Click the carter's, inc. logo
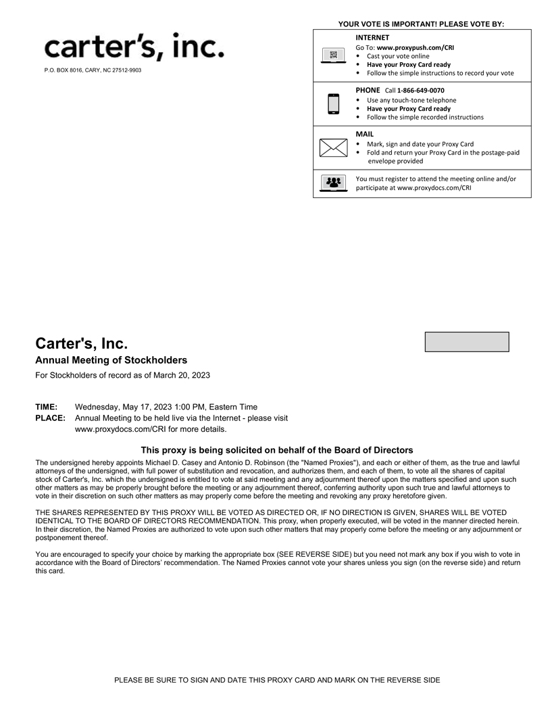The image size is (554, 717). (134, 47)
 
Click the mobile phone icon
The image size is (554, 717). (333, 103)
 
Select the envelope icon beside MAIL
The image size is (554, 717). (333, 147)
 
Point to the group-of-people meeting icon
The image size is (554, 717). (333, 183)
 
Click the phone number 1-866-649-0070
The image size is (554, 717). (420, 91)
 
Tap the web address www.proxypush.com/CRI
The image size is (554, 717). (415, 48)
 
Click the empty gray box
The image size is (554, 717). (466, 342)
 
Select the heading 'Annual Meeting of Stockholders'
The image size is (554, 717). (111, 360)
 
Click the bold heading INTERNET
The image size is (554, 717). (372, 38)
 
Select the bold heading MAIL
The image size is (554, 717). (364, 134)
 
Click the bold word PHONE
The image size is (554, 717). (368, 90)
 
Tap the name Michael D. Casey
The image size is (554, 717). (174, 463)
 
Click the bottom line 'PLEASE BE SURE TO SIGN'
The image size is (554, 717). (277, 680)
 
